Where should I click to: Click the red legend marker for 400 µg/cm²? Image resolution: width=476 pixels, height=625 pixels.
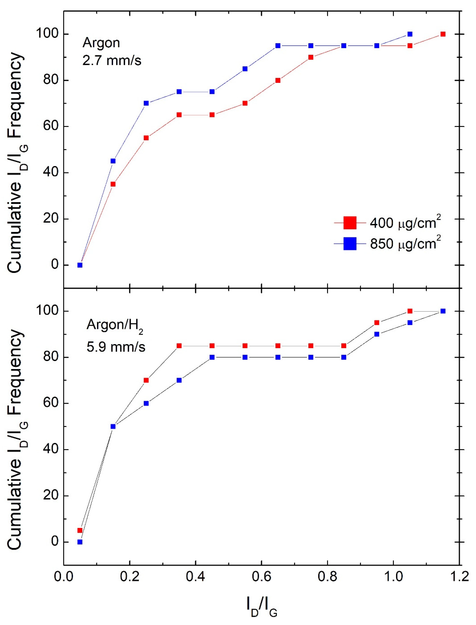click(350, 223)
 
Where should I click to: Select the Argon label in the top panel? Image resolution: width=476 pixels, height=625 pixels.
click(101, 43)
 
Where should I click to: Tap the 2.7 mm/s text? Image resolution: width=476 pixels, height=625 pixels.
click(112, 60)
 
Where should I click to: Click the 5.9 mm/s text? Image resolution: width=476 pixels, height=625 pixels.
click(116, 347)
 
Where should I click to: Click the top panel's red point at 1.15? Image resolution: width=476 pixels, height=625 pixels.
click(443, 34)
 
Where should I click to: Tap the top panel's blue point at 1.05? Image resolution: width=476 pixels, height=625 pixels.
click(410, 34)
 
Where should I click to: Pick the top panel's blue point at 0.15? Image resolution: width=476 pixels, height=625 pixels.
click(113, 161)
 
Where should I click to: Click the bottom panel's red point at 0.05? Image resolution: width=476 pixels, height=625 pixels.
click(80, 530)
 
